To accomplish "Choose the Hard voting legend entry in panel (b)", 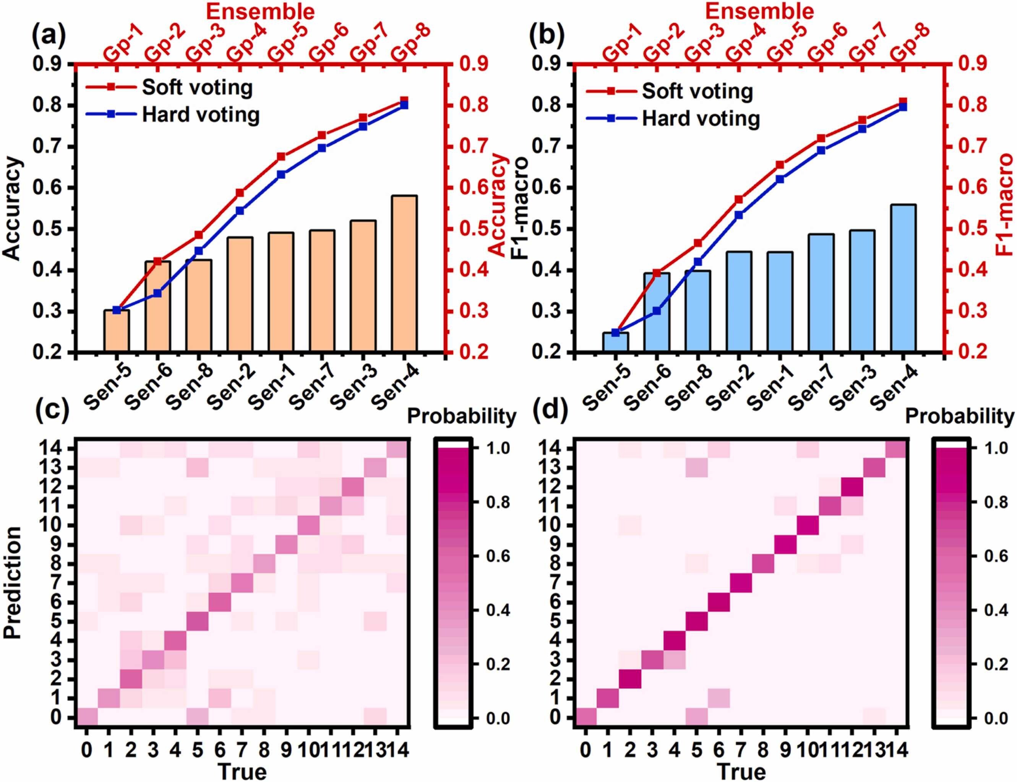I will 701,118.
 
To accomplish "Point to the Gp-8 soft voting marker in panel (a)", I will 404,101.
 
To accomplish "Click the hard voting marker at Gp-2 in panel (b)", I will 657,311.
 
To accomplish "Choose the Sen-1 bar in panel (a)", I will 281,291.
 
